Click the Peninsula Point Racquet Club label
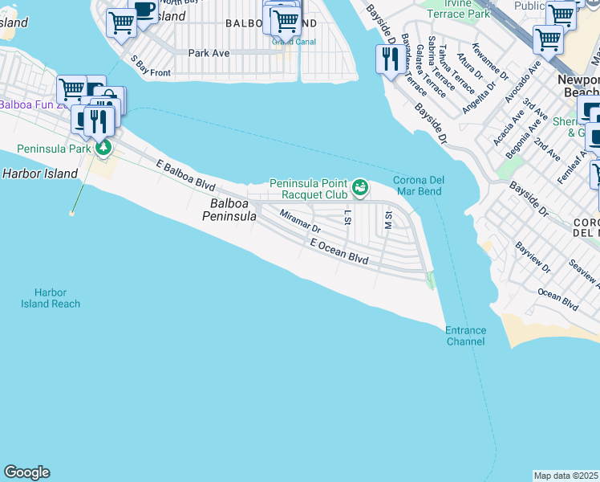point(308,189)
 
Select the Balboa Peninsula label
point(229,210)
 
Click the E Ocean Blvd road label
point(340,251)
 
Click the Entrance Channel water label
point(465,336)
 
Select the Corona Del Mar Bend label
point(418,186)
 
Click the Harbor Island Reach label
point(51,298)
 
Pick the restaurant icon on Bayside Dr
point(390,58)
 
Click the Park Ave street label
point(209,53)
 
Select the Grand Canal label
point(294,42)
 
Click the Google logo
point(26,472)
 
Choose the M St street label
point(388,219)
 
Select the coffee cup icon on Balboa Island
point(144,11)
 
